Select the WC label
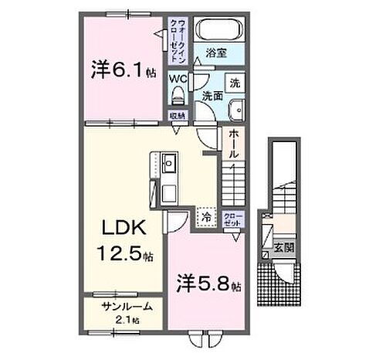pyautogui.click(x=178, y=79)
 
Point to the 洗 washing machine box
pyautogui.click(x=235, y=83)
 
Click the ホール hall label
pyautogui.click(x=233, y=144)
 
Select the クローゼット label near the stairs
pyautogui.click(x=232, y=218)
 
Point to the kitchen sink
pyautogui.click(x=171, y=163)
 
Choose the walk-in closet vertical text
pyautogui.click(x=180, y=42)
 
